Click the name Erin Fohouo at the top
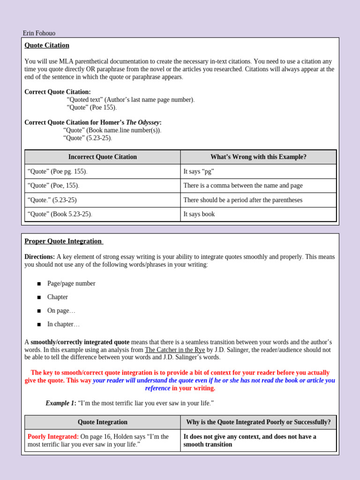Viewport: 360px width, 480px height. pyautogui.click(x=39, y=33)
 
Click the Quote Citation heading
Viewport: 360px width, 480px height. pyautogui.click(x=47, y=45)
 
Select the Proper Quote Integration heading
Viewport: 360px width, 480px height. pyautogui.click(x=63, y=241)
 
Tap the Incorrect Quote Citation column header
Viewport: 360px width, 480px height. pyautogui.click(x=103, y=157)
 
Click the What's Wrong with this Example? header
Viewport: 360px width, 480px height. pyautogui.click(x=258, y=157)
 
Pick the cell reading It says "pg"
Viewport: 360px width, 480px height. pyautogui.click(x=199, y=172)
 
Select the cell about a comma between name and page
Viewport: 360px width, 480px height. pyautogui.click(x=243, y=186)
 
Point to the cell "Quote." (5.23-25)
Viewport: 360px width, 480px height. pyautogui.click(x=52, y=200)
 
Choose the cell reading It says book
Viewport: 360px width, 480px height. pyautogui.click(x=199, y=214)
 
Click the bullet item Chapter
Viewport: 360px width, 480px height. pyautogui.click(x=57, y=297)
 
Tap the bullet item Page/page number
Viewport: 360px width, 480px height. pyautogui.click(x=71, y=284)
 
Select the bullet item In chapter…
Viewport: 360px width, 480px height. pyautogui.click(x=63, y=324)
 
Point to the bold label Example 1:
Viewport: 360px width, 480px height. pyautogui.click(x=61, y=403)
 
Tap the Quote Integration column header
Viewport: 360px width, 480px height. pyautogui.click(x=103, y=422)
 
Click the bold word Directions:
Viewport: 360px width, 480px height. pyautogui.click(x=39, y=257)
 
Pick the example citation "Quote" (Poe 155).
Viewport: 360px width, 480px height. pyautogui.click(x=92, y=107)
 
